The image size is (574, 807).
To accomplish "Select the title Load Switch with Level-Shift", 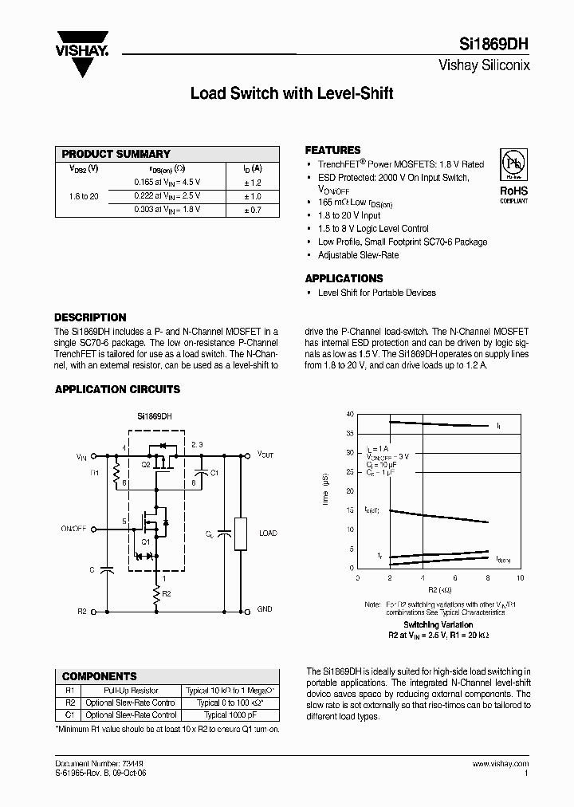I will [x=292, y=93].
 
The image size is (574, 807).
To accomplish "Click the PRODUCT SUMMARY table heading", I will [x=116, y=154].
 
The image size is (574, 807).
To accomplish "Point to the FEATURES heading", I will [x=333, y=150].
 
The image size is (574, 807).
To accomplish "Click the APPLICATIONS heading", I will [x=344, y=278].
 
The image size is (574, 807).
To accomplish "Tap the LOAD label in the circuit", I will [x=268, y=533].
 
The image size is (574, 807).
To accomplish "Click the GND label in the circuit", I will [x=265, y=609].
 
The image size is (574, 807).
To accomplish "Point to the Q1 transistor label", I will [x=146, y=541].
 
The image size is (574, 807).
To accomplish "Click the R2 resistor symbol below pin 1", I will [x=158, y=593].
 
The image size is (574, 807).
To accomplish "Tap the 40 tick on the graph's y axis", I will [x=348, y=415].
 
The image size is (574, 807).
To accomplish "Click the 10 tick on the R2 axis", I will [x=521, y=577].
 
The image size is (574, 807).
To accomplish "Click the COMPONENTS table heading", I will [x=100, y=676].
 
